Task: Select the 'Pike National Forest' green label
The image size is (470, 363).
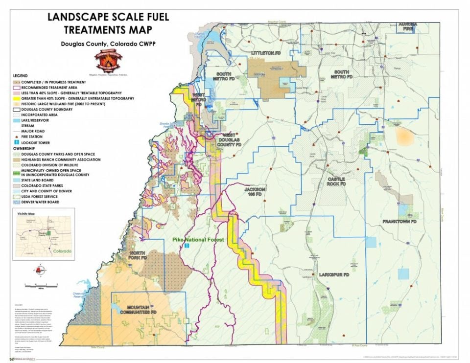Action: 198,240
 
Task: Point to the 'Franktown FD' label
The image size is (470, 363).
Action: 399,222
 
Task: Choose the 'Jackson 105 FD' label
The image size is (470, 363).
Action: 255,191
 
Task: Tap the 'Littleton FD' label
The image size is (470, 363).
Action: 267,53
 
